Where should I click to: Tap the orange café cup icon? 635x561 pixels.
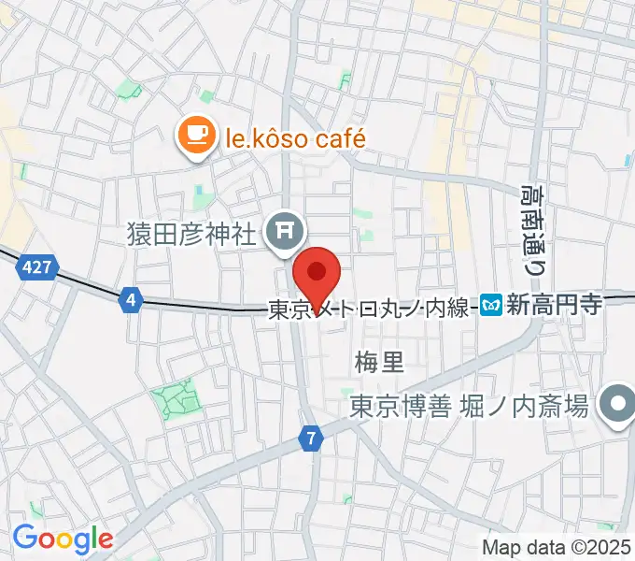pyautogui.click(x=196, y=137)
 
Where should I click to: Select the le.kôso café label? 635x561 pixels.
pyautogui.click(x=293, y=139)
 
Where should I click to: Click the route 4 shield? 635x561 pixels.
pyautogui.click(x=132, y=300)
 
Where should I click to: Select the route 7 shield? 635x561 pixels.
pyautogui.click(x=310, y=437)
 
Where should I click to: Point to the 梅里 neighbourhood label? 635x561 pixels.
pyautogui.click(x=377, y=359)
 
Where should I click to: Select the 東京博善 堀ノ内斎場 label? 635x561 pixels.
pyautogui.click(x=469, y=407)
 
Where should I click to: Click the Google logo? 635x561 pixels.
pyautogui.click(x=63, y=539)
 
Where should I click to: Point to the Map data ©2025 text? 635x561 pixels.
pyautogui.click(x=557, y=547)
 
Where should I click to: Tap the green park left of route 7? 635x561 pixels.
pyautogui.click(x=175, y=399)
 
